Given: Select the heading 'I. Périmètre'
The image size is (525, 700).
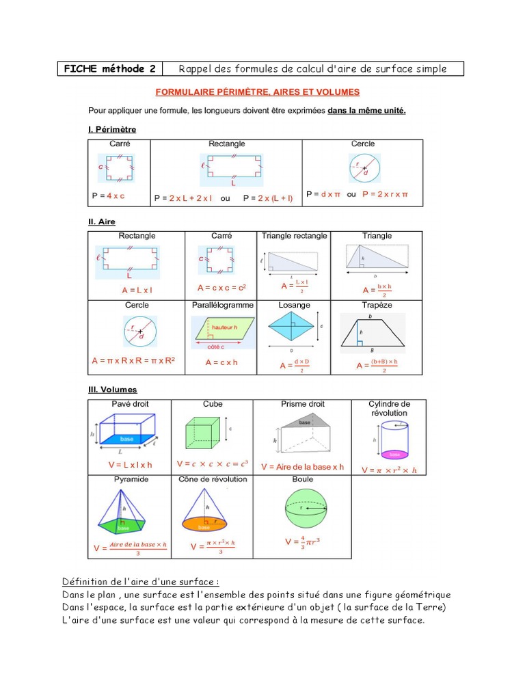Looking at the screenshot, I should point(112,129).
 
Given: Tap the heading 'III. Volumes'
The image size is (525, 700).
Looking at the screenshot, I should point(112,390).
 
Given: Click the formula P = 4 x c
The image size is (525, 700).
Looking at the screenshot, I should point(108,196).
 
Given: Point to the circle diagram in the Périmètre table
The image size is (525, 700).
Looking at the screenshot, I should point(364,168).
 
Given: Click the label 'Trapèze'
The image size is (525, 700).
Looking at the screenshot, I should point(377,305).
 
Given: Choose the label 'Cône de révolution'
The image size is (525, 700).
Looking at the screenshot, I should point(213,479).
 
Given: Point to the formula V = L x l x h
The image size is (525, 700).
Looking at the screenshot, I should point(130,465).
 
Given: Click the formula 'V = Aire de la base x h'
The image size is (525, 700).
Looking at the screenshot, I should point(302,467).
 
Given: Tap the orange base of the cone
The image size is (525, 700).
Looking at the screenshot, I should point(204,524).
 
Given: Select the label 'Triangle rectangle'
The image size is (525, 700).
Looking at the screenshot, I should point(294,236).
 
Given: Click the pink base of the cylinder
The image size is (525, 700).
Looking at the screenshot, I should point(394,454).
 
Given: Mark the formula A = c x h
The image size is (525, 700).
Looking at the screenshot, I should point(221,362).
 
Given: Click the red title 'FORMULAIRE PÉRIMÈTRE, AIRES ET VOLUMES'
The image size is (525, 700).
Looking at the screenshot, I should point(258,92).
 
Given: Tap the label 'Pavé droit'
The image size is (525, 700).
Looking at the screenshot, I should point(130,404).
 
